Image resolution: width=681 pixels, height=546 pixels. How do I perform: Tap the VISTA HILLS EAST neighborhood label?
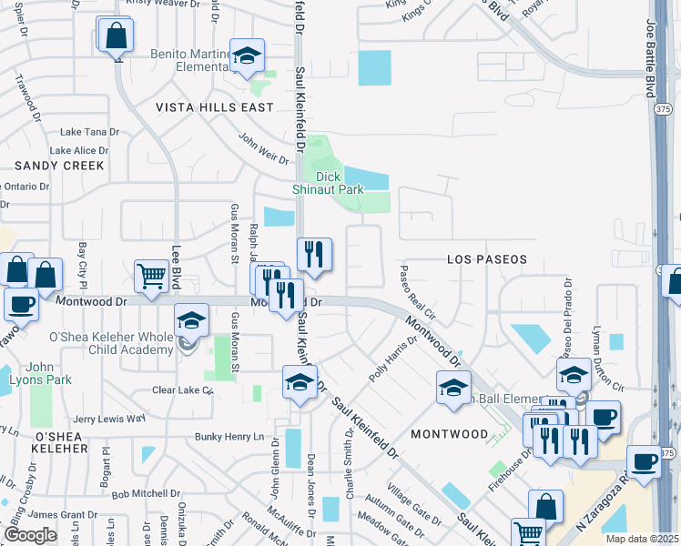coord(214,107)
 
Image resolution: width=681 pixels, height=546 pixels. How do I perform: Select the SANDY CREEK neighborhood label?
coord(59,166)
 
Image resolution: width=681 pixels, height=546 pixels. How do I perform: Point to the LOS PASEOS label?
coord(487,259)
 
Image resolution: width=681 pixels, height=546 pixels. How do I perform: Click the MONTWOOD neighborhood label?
coord(449,435)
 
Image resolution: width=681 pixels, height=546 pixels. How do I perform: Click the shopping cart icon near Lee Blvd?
coord(151,275)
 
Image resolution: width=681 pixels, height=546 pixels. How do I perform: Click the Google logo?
coord(30,535)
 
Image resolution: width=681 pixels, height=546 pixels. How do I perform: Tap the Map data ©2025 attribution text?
coord(642,539)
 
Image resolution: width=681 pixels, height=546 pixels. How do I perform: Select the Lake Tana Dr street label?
coord(89,132)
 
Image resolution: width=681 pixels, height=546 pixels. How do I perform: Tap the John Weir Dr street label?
coord(263,149)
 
